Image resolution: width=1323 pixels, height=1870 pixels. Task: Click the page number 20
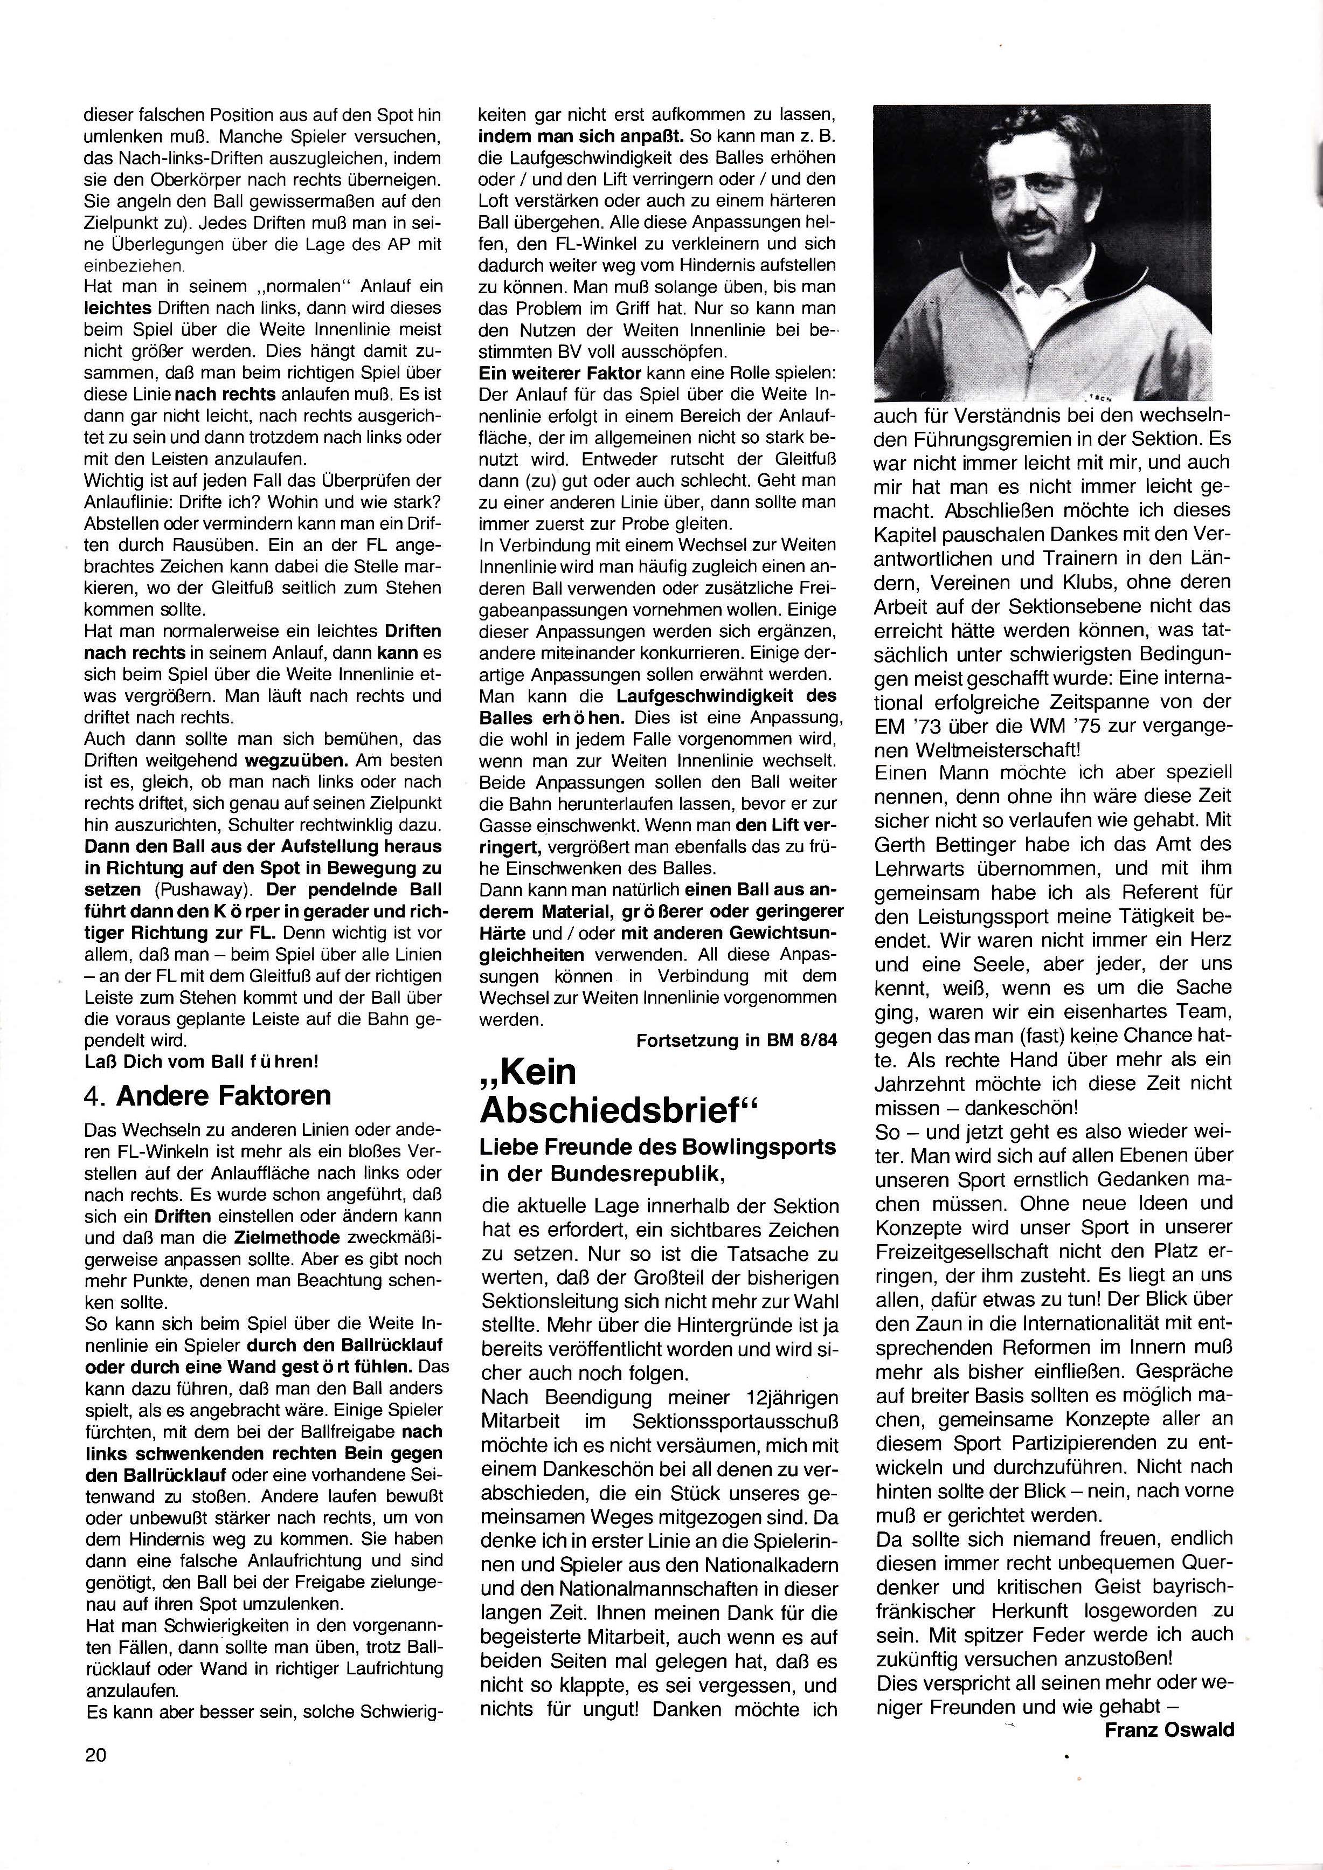(95, 1754)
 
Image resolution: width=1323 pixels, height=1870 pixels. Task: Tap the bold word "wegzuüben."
(289, 760)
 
